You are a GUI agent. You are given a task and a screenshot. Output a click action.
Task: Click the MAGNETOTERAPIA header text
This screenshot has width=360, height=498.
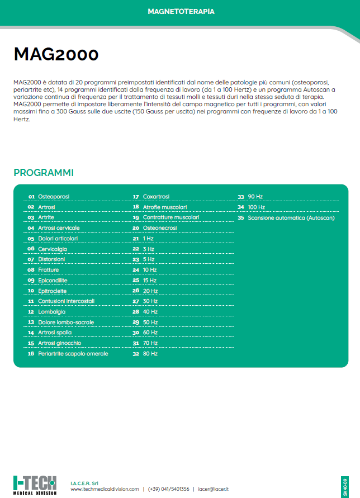pyautogui.click(x=181, y=11)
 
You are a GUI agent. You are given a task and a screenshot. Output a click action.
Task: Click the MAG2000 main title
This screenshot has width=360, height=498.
pyautogui.click(x=56, y=54)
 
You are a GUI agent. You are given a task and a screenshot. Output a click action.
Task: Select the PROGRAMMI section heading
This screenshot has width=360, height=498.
pyautogui.click(x=44, y=173)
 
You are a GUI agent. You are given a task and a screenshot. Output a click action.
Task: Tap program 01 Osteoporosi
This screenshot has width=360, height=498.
pyautogui.click(x=54, y=197)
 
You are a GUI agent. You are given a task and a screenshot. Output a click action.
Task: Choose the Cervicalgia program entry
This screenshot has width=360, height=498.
pyautogui.click(x=53, y=249)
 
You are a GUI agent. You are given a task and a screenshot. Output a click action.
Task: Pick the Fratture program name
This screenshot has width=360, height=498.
pyautogui.click(x=48, y=270)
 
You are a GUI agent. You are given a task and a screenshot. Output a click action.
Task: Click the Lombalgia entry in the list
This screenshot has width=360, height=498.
pyautogui.click(x=51, y=312)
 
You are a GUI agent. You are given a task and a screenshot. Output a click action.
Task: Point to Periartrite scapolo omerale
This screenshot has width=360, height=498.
pyautogui.click(x=73, y=354)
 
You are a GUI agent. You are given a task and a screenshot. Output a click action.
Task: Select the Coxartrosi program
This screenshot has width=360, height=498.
pyautogui.click(x=156, y=197)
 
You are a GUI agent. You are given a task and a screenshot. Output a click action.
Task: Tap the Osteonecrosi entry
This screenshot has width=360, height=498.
pyautogui.click(x=160, y=228)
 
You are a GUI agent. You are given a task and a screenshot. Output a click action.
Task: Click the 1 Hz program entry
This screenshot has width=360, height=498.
pyautogui.click(x=148, y=239)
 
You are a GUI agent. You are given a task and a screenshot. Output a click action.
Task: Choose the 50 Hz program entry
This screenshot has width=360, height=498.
pyautogui.click(x=150, y=322)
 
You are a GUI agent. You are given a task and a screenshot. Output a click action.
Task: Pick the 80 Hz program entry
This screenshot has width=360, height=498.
pyautogui.click(x=150, y=354)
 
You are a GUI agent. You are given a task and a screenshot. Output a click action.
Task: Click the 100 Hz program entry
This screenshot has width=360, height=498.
pyautogui.click(x=256, y=207)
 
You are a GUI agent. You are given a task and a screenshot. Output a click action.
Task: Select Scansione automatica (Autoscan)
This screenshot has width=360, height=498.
pyautogui.click(x=291, y=218)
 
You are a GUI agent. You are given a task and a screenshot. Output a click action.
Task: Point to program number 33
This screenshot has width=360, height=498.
pyautogui.click(x=241, y=197)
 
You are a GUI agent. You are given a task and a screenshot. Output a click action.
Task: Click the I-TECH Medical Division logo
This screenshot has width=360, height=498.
pyautogui.click(x=35, y=484)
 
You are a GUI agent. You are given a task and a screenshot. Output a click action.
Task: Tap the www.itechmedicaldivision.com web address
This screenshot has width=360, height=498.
pyautogui.click(x=105, y=489)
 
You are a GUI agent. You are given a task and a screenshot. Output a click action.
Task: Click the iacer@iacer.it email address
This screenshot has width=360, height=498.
pyautogui.click(x=214, y=489)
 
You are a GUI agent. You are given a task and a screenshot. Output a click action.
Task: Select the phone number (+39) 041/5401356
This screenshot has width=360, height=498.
pyautogui.click(x=168, y=489)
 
